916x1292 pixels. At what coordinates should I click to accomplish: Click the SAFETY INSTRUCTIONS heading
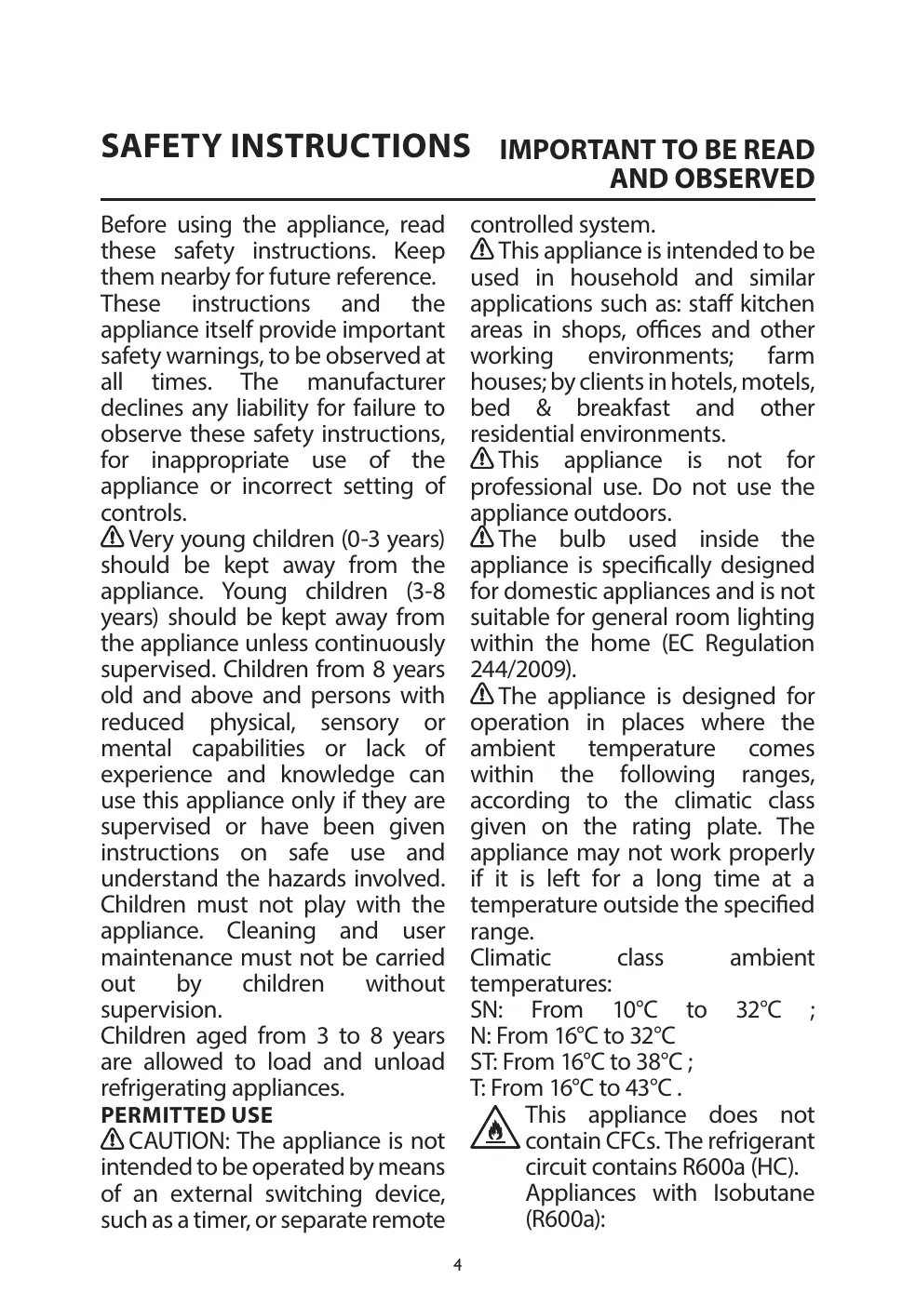(285, 146)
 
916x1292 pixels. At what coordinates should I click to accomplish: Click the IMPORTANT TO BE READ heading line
(657, 150)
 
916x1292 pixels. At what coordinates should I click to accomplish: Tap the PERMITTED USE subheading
(186, 1114)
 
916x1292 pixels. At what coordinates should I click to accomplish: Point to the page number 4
(457, 1264)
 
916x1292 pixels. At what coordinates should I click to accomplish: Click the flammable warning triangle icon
(495, 1128)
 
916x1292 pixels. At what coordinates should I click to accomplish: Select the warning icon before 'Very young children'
(113, 538)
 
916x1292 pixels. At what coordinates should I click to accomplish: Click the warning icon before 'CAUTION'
(113, 1139)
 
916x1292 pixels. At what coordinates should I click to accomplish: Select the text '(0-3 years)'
(393, 539)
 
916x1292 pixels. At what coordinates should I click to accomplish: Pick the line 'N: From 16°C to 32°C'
(573, 1035)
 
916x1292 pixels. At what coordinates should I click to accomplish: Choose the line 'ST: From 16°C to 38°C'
(581, 1061)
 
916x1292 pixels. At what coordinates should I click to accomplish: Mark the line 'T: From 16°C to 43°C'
(575, 1087)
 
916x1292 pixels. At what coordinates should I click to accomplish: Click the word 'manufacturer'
(376, 381)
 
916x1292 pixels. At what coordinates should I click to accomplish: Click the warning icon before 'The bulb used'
(482, 538)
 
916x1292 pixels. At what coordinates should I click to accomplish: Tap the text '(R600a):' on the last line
(565, 1219)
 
